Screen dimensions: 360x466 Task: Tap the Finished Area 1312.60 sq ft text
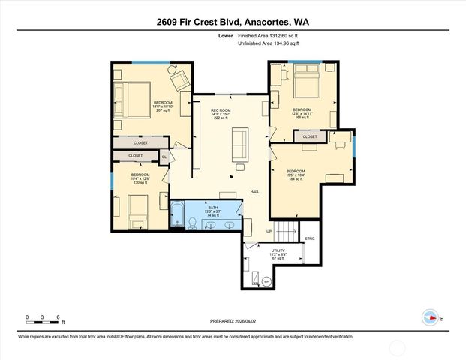[268, 36]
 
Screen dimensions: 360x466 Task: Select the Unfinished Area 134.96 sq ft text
[269, 44]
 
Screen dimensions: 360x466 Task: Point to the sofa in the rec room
[240, 144]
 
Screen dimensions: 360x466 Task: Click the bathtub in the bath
[178, 216]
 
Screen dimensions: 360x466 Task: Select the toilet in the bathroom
[193, 222]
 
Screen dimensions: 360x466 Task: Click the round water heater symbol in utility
[266, 281]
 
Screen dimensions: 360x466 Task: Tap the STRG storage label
[310, 238]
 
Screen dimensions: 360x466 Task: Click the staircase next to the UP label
[285, 229]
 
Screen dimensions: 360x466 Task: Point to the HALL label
[254, 192]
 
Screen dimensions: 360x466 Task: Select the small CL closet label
[164, 157]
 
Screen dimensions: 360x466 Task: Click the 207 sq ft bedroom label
[163, 106]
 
